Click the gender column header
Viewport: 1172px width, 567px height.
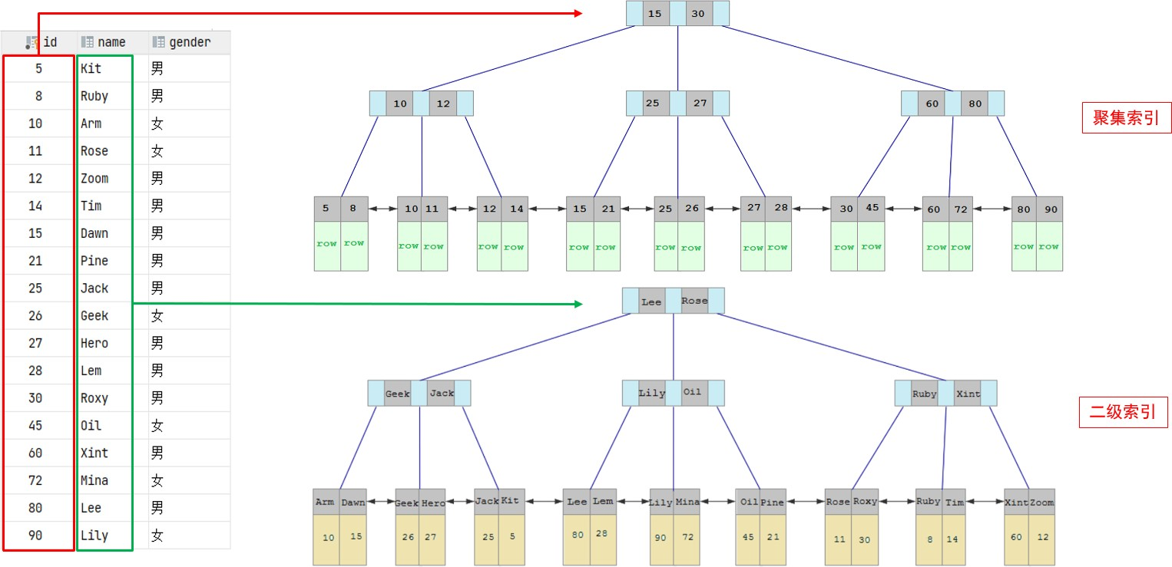(x=181, y=42)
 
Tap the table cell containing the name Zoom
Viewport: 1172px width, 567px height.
(x=94, y=179)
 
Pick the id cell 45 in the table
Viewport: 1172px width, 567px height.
(x=35, y=426)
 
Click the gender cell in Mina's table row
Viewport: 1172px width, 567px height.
(x=157, y=481)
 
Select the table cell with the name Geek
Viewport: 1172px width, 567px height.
(x=94, y=316)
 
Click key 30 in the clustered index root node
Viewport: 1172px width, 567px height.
(x=697, y=14)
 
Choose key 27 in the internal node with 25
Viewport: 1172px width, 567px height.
(x=700, y=104)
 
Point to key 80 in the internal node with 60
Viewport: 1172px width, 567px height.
(x=975, y=104)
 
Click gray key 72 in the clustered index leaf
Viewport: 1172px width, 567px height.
(x=961, y=209)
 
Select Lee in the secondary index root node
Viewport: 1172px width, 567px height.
(x=651, y=302)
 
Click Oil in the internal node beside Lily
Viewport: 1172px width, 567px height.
(x=692, y=393)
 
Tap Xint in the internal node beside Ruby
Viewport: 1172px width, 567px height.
(x=968, y=394)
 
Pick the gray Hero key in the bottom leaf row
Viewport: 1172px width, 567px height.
(x=433, y=503)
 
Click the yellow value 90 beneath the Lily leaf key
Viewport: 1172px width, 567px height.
(x=660, y=537)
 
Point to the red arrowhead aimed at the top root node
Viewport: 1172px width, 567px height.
(x=578, y=13)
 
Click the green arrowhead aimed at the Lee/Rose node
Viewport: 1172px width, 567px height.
(x=578, y=304)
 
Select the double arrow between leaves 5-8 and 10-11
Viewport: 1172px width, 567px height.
(x=382, y=209)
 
